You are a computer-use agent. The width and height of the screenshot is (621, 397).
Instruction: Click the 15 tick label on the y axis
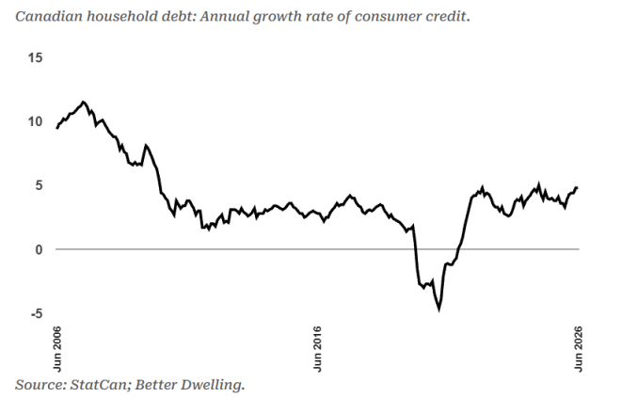(35, 57)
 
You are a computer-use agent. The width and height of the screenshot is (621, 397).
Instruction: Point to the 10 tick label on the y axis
(35, 121)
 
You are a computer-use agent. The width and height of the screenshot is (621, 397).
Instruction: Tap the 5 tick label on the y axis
(39, 185)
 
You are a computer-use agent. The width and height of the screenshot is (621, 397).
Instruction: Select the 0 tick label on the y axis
(39, 249)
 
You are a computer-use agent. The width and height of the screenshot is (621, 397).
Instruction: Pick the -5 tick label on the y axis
(36, 313)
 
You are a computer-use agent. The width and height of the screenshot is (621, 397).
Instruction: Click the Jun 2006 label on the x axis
(57, 349)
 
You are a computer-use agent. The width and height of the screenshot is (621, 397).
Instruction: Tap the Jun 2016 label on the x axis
(317, 349)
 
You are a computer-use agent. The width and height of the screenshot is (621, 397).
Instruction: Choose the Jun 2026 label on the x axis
(579, 349)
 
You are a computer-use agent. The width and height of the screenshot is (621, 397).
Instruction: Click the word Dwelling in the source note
(212, 385)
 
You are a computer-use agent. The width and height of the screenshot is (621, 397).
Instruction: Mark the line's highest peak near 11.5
(83, 102)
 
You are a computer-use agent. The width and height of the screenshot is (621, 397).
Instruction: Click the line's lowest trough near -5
(438, 310)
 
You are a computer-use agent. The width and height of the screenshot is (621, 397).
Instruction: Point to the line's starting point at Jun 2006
(57, 128)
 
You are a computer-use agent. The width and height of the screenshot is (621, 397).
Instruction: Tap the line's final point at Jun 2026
(577, 187)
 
